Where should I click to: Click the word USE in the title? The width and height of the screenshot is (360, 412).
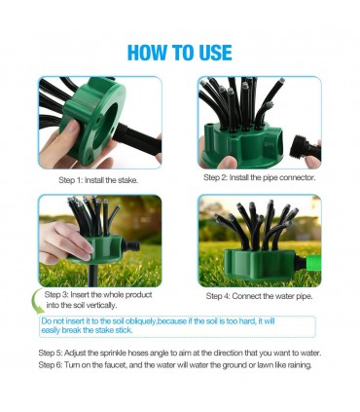click(x=215, y=53)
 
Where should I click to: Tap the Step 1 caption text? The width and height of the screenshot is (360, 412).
click(x=98, y=180)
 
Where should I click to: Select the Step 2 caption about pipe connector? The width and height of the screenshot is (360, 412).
click(x=260, y=177)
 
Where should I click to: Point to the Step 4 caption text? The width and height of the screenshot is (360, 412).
click(x=260, y=296)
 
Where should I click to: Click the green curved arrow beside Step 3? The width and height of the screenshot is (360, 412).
click(x=37, y=301)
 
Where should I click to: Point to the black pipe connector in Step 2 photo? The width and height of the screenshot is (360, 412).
click(x=305, y=149)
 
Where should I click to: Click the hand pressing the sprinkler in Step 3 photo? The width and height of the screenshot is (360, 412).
click(x=65, y=242)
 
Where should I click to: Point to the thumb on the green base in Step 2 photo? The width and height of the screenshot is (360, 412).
click(x=228, y=162)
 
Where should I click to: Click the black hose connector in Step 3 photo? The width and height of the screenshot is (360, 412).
click(x=132, y=246)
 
